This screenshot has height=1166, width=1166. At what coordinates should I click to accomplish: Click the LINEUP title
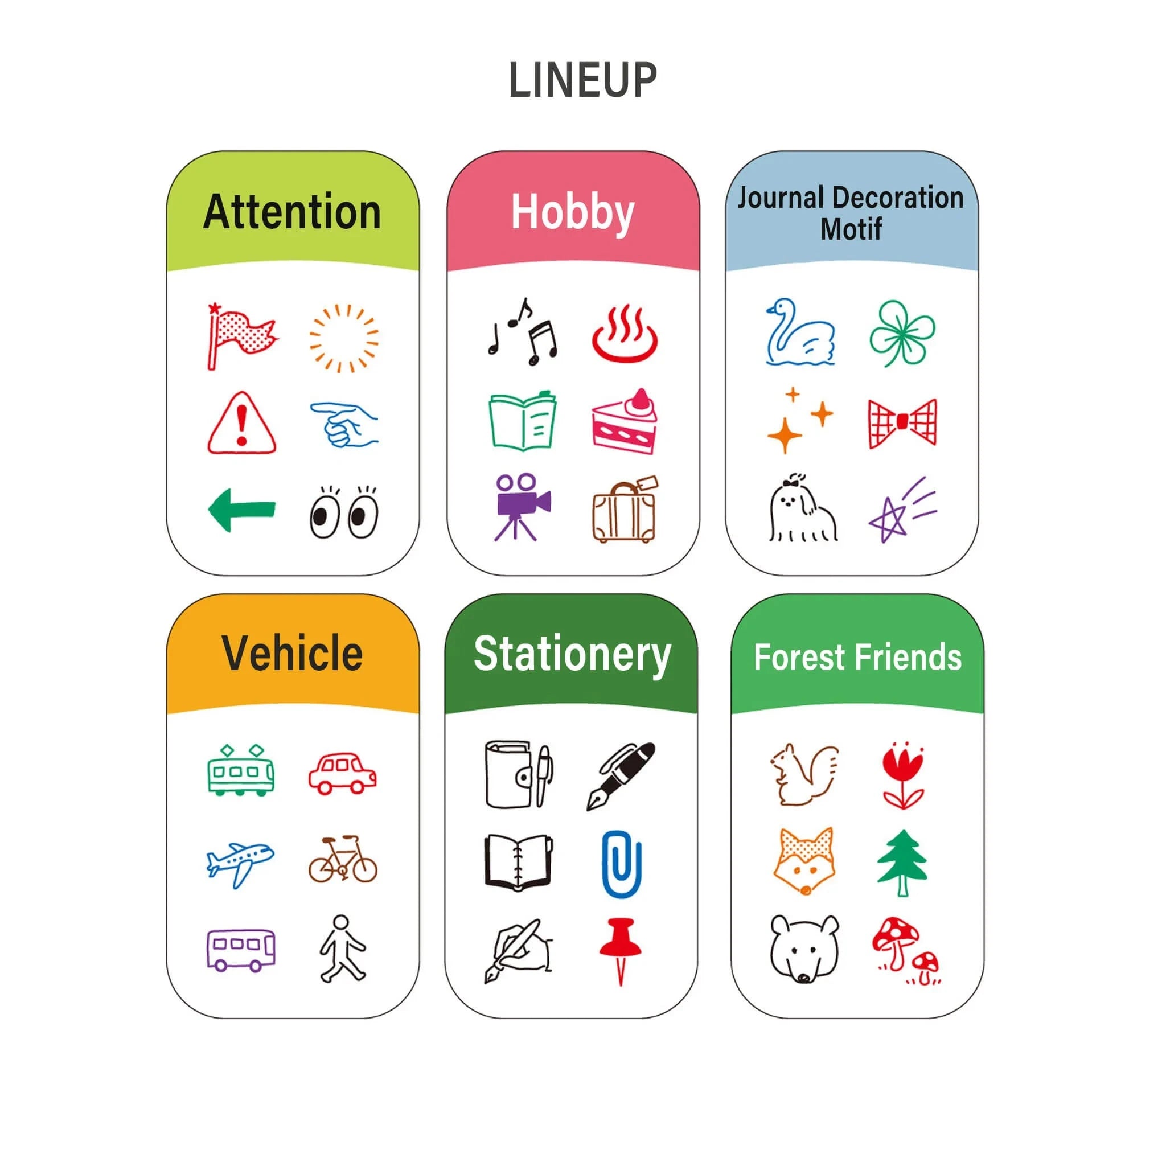pos(582,80)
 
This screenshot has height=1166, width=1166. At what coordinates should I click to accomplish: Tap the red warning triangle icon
pos(242,422)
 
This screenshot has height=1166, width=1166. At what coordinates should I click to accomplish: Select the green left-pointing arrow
pos(242,511)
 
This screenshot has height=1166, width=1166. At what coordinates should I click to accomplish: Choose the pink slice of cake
pos(624,421)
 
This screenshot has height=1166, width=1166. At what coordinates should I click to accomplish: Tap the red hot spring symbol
pos(625,334)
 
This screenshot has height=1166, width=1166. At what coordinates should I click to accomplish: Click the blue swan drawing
pos(800,332)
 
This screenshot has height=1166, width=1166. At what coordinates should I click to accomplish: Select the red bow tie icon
pos(902,422)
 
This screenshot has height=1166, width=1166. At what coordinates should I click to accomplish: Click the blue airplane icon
pos(240,865)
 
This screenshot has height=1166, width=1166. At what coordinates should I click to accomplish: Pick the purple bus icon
pos(241,950)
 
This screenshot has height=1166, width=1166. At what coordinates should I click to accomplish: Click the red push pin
pos(621,951)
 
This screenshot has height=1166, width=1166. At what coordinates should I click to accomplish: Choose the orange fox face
pos(804,861)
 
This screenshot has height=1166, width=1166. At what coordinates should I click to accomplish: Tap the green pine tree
pos(902,863)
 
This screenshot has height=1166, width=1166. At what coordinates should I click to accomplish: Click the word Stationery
pos(572,655)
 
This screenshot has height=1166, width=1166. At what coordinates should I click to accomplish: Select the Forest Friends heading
pos(857,657)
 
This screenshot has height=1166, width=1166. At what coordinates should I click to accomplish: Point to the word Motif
pos(851,229)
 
